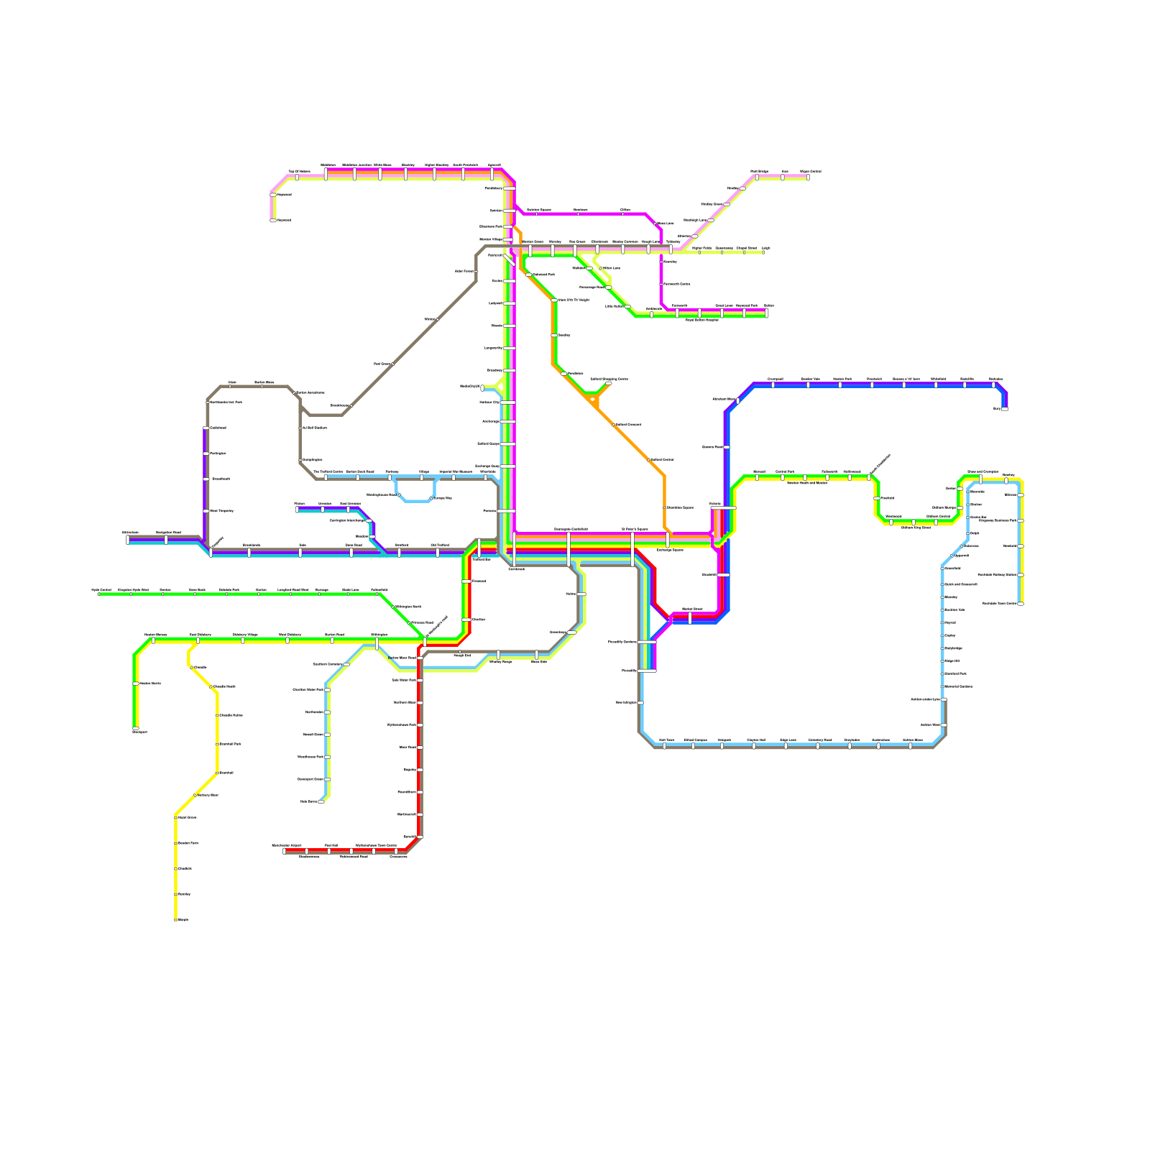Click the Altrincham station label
130,533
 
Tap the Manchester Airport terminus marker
285,851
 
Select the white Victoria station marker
723,507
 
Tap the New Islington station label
625,702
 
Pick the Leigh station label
766,248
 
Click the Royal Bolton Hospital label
701,320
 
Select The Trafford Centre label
328,471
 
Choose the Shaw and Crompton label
983,471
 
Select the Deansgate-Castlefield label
571,529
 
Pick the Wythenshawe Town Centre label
375,845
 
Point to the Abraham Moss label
724,399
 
